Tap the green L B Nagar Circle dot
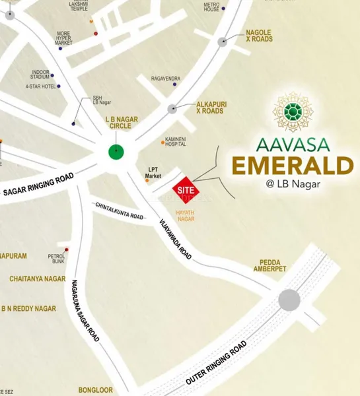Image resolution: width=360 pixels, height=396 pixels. (x=116, y=152)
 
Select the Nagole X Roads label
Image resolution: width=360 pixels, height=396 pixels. (x=258, y=35)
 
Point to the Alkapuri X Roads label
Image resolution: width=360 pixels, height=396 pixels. (x=211, y=108)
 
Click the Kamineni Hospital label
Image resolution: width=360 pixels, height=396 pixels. (x=176, y=141)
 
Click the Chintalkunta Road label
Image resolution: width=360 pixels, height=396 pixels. (x=118, y=211)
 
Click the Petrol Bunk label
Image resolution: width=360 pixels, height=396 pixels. (x=56, y=257)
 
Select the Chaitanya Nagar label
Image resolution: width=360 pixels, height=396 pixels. (x=37, y=279)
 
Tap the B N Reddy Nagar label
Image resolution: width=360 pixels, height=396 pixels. (x=28, y=308)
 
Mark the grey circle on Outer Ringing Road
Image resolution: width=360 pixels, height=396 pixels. (x=289, y=300)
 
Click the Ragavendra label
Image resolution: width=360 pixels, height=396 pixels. (x=165, y=79)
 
